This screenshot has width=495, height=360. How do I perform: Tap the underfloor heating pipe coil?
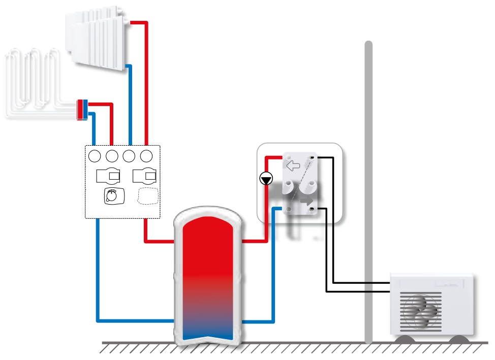click(x=33, y=81)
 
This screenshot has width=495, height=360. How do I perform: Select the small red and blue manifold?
click(x=82, y=110)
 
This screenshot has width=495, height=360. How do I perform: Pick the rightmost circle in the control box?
click(x=147, y=155)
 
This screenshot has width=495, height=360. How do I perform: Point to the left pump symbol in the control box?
click(x=108, y=176)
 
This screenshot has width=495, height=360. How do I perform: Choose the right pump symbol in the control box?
click(x=144, y=176)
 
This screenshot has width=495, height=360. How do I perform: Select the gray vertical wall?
click(x=368, y=193)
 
